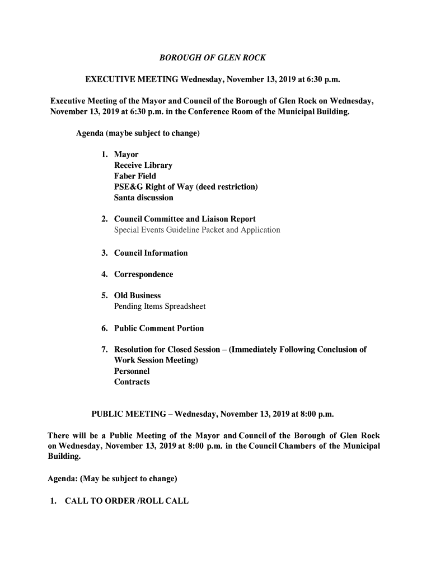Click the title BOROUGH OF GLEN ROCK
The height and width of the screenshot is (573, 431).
(213, 58)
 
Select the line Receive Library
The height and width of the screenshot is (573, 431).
(143, 165)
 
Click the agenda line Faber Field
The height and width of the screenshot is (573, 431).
(135, 176)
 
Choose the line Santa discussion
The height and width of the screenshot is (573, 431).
(144, 198)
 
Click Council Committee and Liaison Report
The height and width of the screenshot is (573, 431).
(185, 219)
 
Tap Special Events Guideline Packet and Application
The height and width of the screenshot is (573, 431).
(197, 230)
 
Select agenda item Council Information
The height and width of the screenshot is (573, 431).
(151, 253)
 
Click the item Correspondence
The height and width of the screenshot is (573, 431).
(144, 274)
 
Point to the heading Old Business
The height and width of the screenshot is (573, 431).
(137, 295)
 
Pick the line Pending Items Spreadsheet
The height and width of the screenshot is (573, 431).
(160, 306)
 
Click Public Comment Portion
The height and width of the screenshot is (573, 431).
(159, 328)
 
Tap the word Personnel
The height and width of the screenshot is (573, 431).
(132, 371)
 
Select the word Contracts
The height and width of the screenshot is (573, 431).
(132, 382)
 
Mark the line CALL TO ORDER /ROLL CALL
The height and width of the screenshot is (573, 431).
(127, 501)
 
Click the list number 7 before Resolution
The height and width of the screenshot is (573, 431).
(104, 350)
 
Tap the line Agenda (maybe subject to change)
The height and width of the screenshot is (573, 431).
(138, 134)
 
